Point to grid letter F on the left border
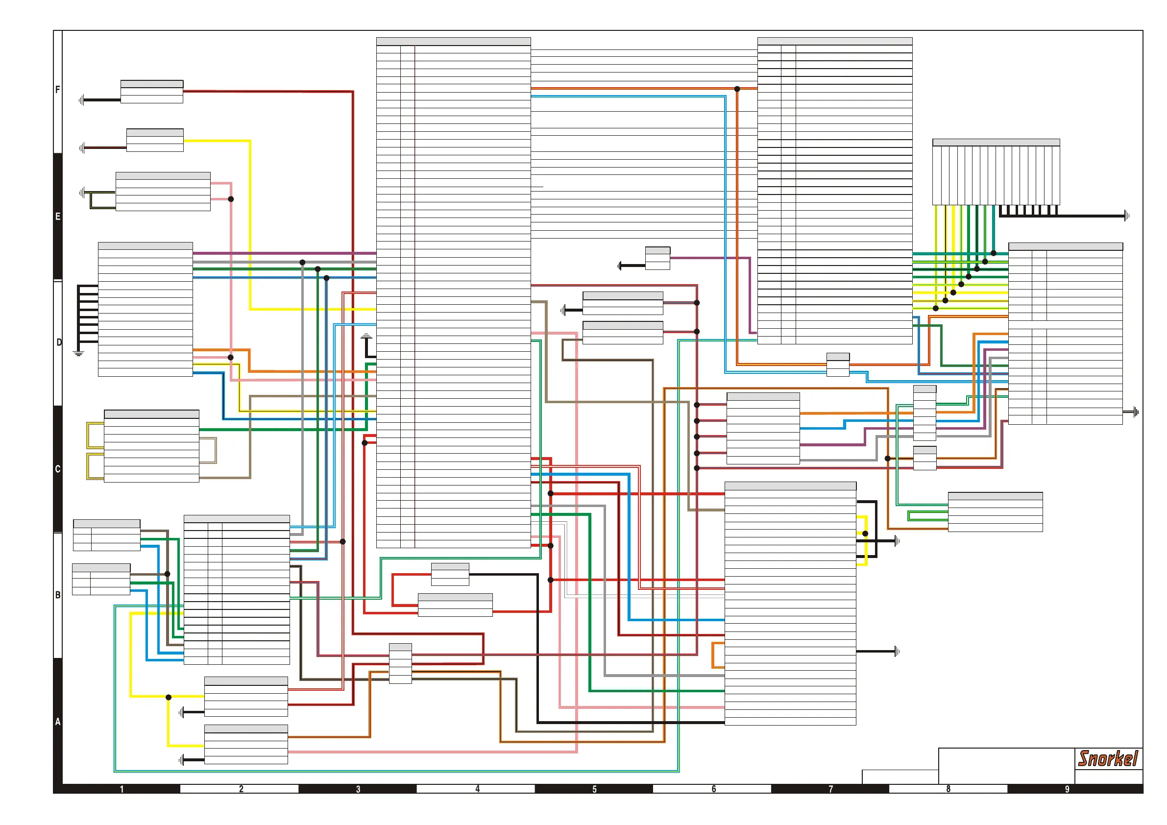(x=57, y=90)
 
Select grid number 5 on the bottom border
(x=594, y=789)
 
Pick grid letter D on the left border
(x=59, y=342)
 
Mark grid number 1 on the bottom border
(x=122, y=789)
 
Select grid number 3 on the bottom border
(x=358, y=789)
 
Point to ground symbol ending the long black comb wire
(x=1127, y=216)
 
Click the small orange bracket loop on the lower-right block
(x=717, y=655)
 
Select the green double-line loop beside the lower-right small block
(x=927, y=516)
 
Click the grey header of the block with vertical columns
(x=996, y=143)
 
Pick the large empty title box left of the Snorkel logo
(x=1006, y=766)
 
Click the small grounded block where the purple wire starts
(x=657, y=258)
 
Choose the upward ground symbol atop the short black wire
(x=366, y=336)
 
